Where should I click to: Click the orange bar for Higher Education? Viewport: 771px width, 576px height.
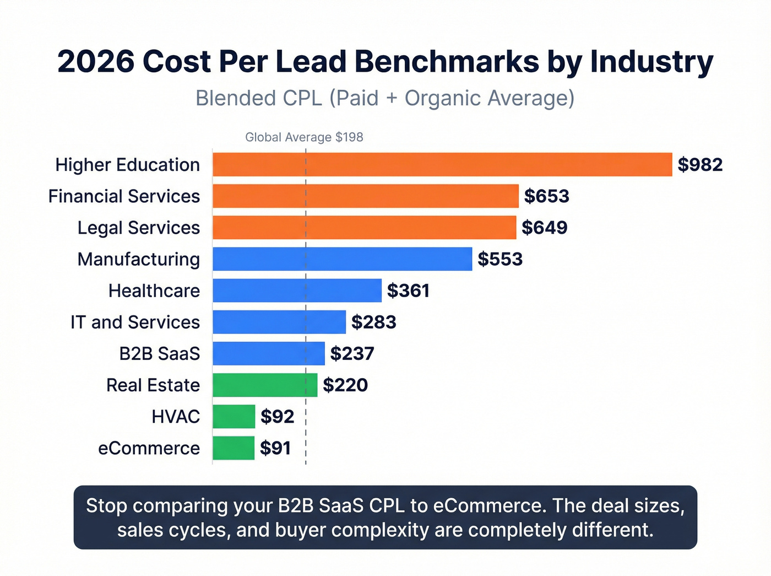[442, 165]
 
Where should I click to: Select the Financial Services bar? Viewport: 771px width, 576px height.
[366, 196]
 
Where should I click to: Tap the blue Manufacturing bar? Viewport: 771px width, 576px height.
[342, 259]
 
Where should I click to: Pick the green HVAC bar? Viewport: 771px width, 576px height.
[234, 417]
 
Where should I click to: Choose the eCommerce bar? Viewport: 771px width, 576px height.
[234, 448]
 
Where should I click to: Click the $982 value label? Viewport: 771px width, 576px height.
[700, 165]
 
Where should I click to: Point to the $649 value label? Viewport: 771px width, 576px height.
[544, 228]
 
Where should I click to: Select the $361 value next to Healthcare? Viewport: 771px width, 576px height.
[408, 290]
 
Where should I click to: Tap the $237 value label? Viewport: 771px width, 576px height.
[352, 353]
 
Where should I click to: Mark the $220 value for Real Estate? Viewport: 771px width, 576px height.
[345, 385]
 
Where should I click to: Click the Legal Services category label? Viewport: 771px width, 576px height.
[138, 228]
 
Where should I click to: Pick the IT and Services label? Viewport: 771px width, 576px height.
[135, 322]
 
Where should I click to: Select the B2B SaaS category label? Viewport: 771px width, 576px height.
[159, 353]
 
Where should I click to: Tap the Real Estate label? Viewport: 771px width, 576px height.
[153, 385]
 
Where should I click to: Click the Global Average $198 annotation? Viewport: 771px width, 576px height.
[304, 137]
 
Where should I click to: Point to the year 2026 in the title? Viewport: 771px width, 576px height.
[96, 61]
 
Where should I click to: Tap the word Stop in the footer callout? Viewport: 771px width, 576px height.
[106, 505]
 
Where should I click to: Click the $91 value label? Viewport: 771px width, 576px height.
[275, 448]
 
